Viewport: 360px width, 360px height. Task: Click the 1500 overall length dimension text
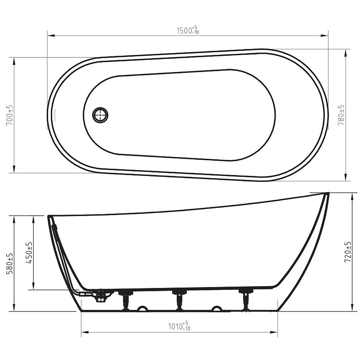click(188, 30)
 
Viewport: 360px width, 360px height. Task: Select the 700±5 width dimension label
click(10, 115)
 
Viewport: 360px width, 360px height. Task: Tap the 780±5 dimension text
click(342, 115)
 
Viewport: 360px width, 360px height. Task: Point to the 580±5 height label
click(10, 264)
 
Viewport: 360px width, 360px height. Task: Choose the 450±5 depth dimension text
click(29, 252)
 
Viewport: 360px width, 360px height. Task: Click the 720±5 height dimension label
click(348, 252)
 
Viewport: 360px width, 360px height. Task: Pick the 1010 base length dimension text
click(179, 326)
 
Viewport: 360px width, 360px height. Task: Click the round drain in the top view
click(100, 115)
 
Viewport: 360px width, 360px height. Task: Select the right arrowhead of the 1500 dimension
click(324, 36)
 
